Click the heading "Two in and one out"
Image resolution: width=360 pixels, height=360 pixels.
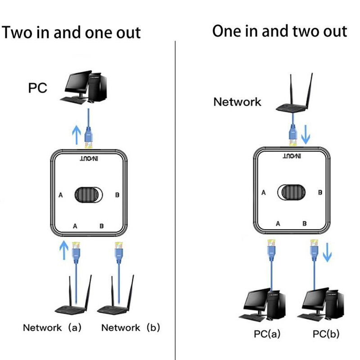[71, 32]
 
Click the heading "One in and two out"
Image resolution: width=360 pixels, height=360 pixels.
[279, 31]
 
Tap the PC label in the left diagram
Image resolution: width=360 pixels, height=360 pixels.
[37, 88]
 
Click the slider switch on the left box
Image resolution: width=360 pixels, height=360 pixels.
[89, 195]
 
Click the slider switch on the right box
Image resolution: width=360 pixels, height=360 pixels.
[292, 192]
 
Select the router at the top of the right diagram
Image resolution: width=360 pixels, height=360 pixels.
[292, 99]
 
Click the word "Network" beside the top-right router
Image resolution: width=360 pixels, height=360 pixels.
[237, 102]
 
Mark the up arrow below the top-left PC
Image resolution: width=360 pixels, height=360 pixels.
[76, 133]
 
